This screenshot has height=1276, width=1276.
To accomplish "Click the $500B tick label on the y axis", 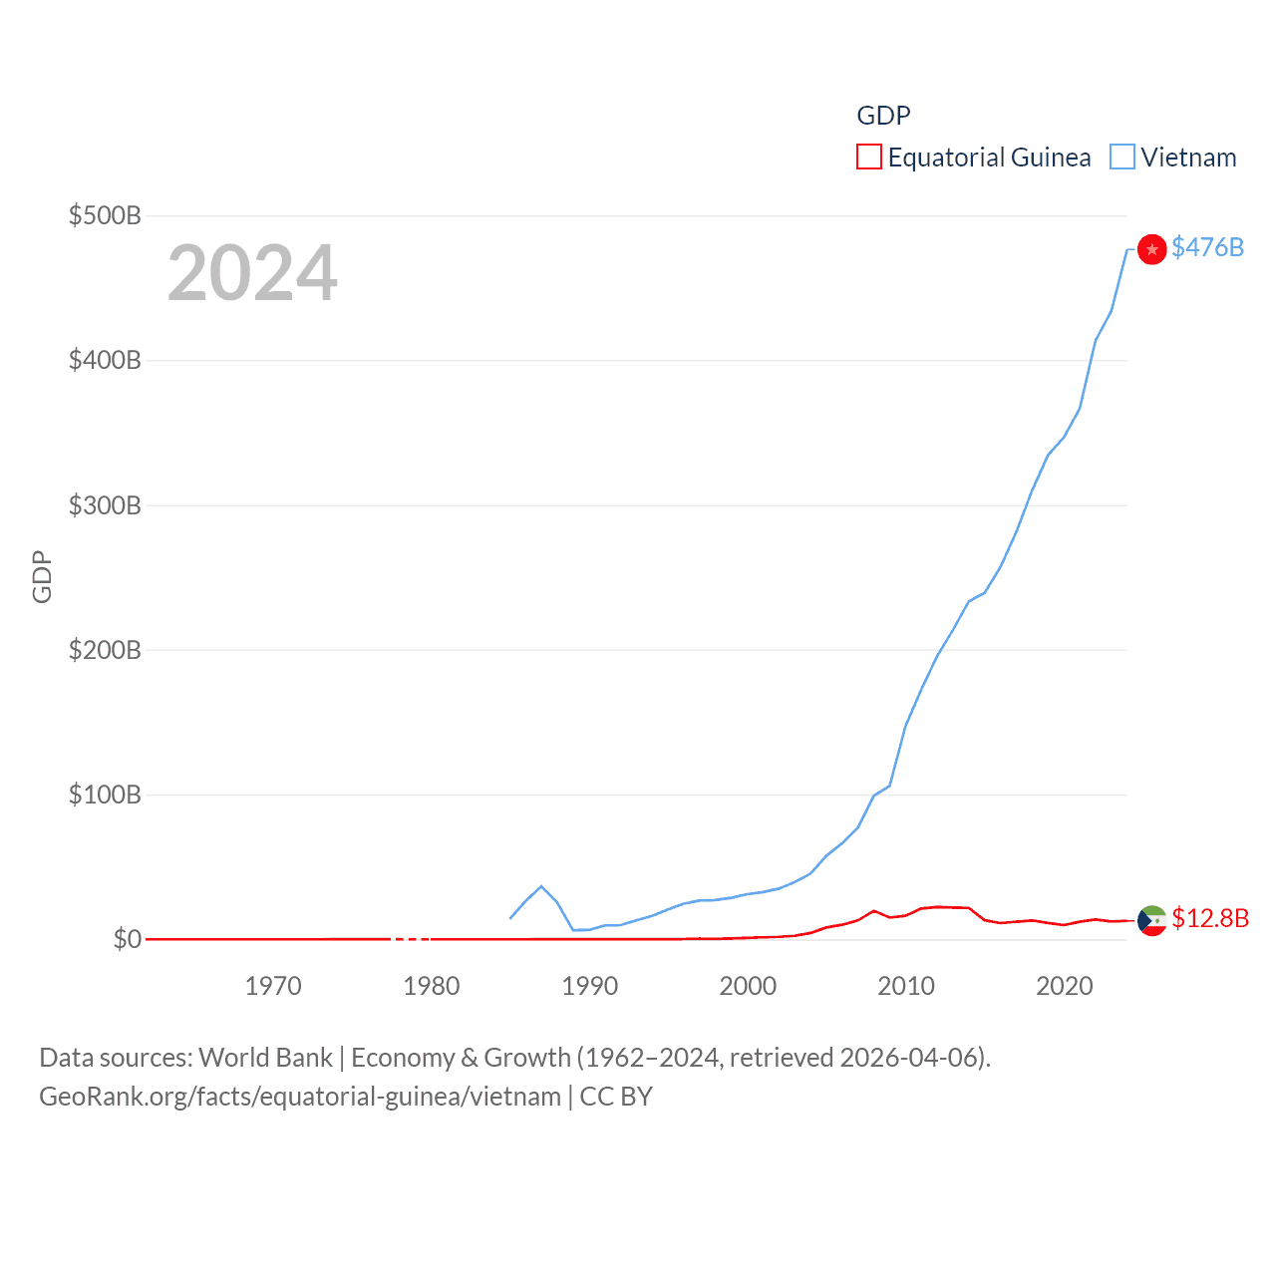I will pyautogui.click(x=105, y=215).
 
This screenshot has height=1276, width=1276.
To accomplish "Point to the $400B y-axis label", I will pyautogui.click(x=105, y=360).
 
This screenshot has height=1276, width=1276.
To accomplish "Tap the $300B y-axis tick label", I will pyautogui.click(x=105, y=505).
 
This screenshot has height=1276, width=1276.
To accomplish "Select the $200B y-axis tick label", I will pyautogui.click(x=105, y=650).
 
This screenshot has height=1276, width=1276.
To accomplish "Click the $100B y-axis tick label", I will pyautogui.click(x=105, y=795).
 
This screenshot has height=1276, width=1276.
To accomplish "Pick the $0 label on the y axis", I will pyautogui.click(x=128, y=939).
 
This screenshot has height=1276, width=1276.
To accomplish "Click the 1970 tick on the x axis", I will pyautogui.click(x=273, y=986).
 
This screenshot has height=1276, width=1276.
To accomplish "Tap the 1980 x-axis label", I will pyautogui.click(x=432, y=986).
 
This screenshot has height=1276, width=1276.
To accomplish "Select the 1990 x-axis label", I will pyautogui.click(x=590, y=986).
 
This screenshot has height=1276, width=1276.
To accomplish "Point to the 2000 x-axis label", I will pyautogui.click(x=748, y=986).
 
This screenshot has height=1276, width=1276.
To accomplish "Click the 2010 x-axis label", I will pyautogui.click(x=906, y=986).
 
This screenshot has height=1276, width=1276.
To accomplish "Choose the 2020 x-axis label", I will pyautogui.click(x=1065, y=986).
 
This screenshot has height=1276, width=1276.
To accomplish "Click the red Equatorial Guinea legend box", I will pyautogui.click(x=869, y=158).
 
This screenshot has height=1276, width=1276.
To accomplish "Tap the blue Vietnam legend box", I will pyautogui.click(x=1122, y=158).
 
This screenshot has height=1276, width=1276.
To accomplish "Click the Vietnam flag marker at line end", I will pyautogui.click(x=1151, y=249).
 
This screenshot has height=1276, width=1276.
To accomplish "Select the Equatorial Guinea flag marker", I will pyautogui.click(x=1151, y=920).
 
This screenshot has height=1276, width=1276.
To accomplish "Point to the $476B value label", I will pyautogui.click(x=1208, y=247).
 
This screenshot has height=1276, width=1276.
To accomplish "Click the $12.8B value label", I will pyautogui.click(x=1210, y=918).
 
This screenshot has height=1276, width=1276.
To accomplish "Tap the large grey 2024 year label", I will pyautogui.click(x=252, y=273).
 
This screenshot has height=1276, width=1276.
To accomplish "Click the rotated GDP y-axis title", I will pyautogui.click(x=42, y=576).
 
